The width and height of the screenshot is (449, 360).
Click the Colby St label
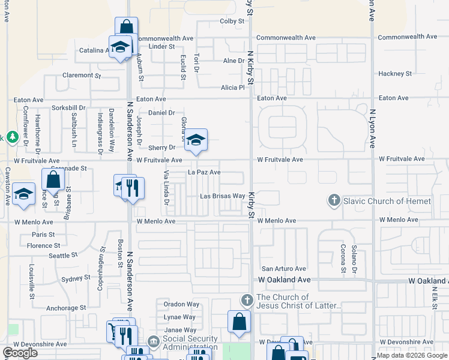(x=232, y=21)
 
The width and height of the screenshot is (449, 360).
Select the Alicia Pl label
(x=234, y=87)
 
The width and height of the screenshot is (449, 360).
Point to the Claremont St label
(x=82, y=76)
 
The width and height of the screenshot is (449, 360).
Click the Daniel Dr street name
(x=161, y=113)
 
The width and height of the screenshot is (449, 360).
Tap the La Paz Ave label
(x=204, y=172)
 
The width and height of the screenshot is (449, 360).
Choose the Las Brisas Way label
(x=222, y=196)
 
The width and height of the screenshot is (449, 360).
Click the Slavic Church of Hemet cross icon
(x=334, y=200)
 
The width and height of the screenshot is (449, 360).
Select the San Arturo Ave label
(x=283, y=269)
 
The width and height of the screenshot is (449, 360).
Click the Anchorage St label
(x=67, y=308)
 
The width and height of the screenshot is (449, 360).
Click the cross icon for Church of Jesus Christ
(x=246, y=299)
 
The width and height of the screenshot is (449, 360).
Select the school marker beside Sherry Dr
(x=196, y=140)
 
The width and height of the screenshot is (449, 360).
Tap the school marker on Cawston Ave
(x=24, y=194)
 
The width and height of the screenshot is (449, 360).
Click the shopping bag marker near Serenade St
(x=53, y=179)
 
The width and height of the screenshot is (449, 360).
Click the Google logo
(x=20, y=353)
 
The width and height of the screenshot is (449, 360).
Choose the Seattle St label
(x=59, y=256)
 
